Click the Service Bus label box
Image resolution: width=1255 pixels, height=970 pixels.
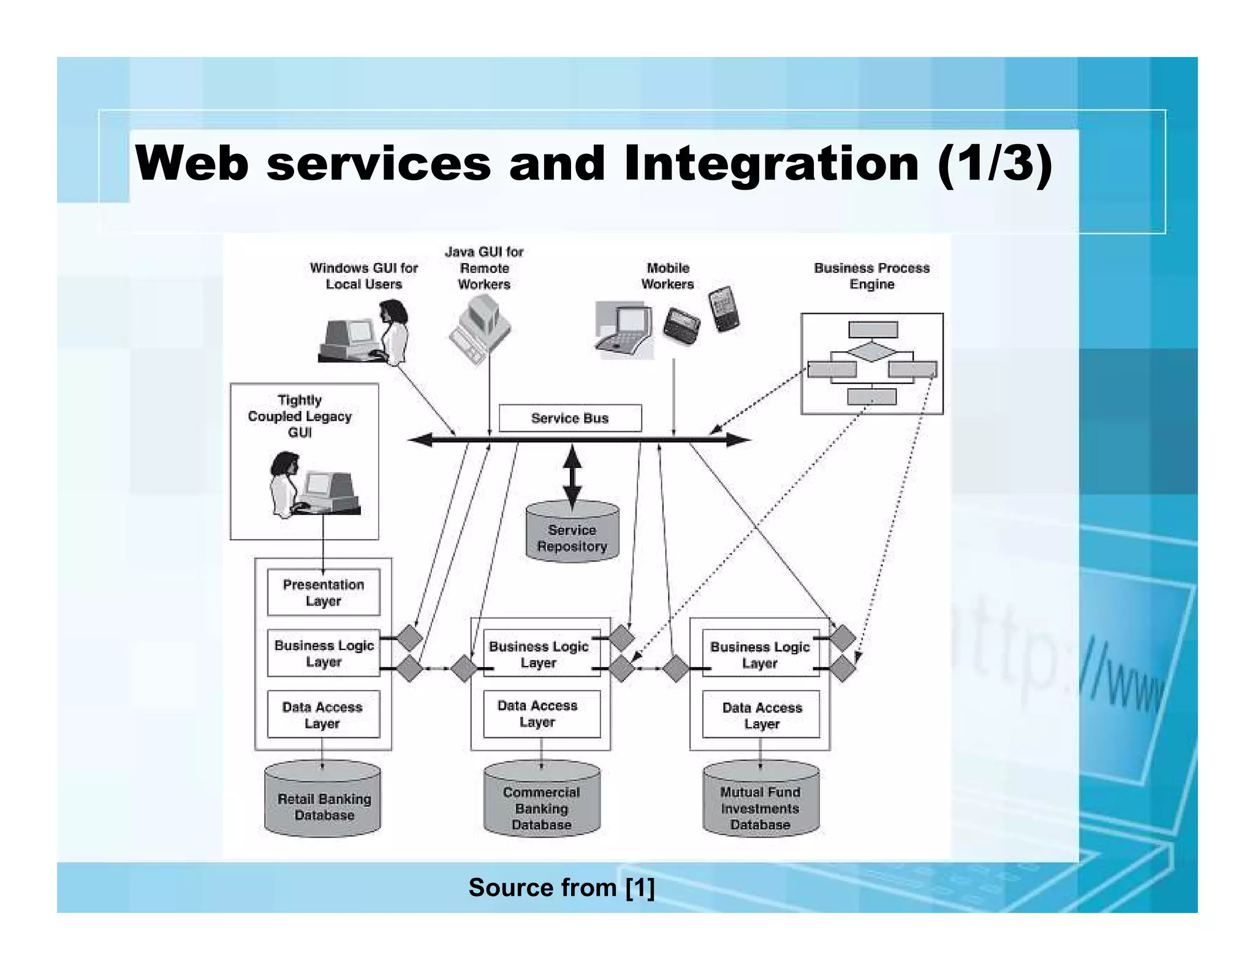point(570,418)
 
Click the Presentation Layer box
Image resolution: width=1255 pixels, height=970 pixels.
point(323,592)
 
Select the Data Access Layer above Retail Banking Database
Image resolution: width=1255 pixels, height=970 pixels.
point(323,714)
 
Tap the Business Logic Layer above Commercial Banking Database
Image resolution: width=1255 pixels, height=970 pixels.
point(539,654)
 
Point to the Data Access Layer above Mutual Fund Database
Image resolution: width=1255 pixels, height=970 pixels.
point(761,715)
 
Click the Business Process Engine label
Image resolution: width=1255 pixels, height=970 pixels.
point(871,276)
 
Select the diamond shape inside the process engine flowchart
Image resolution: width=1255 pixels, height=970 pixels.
point(872,353)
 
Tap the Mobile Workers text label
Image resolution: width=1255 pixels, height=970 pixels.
point(667,276)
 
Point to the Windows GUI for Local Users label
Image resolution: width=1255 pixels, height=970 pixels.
point(363,276)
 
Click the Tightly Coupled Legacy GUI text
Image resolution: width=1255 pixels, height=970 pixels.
point(300,416)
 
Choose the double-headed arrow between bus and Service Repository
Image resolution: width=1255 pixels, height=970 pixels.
point(572,477)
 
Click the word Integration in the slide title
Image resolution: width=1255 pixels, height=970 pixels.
point(771,164)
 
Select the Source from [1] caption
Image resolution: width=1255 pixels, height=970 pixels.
point(561,887)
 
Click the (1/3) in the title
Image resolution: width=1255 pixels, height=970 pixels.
point(995,164)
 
